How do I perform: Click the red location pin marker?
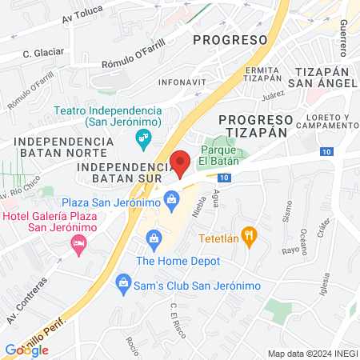[181, 163]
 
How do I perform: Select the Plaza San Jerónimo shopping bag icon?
[170, 199]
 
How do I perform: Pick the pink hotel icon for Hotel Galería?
[78, 243]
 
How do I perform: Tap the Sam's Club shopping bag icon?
[123, 282]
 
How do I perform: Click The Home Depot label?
[178, 260]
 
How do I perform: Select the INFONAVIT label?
[180, 81]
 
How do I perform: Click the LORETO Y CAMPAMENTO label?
[326, 122]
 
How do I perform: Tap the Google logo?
[27, 350]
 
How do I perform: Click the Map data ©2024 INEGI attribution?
[312, 353]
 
